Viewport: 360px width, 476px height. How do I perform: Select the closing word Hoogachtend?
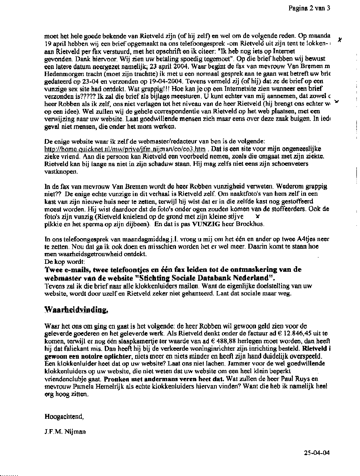(x=64, y=416)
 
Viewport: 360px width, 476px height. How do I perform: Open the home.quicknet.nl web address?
(x=124, y=149)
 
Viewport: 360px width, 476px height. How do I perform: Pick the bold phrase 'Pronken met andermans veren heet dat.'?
(x=164, y=378)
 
